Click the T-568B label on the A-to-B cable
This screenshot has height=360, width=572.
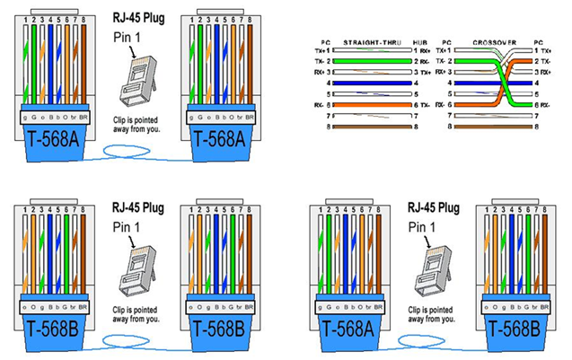pos(511,323)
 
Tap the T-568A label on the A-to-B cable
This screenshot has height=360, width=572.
pos(342,323)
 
